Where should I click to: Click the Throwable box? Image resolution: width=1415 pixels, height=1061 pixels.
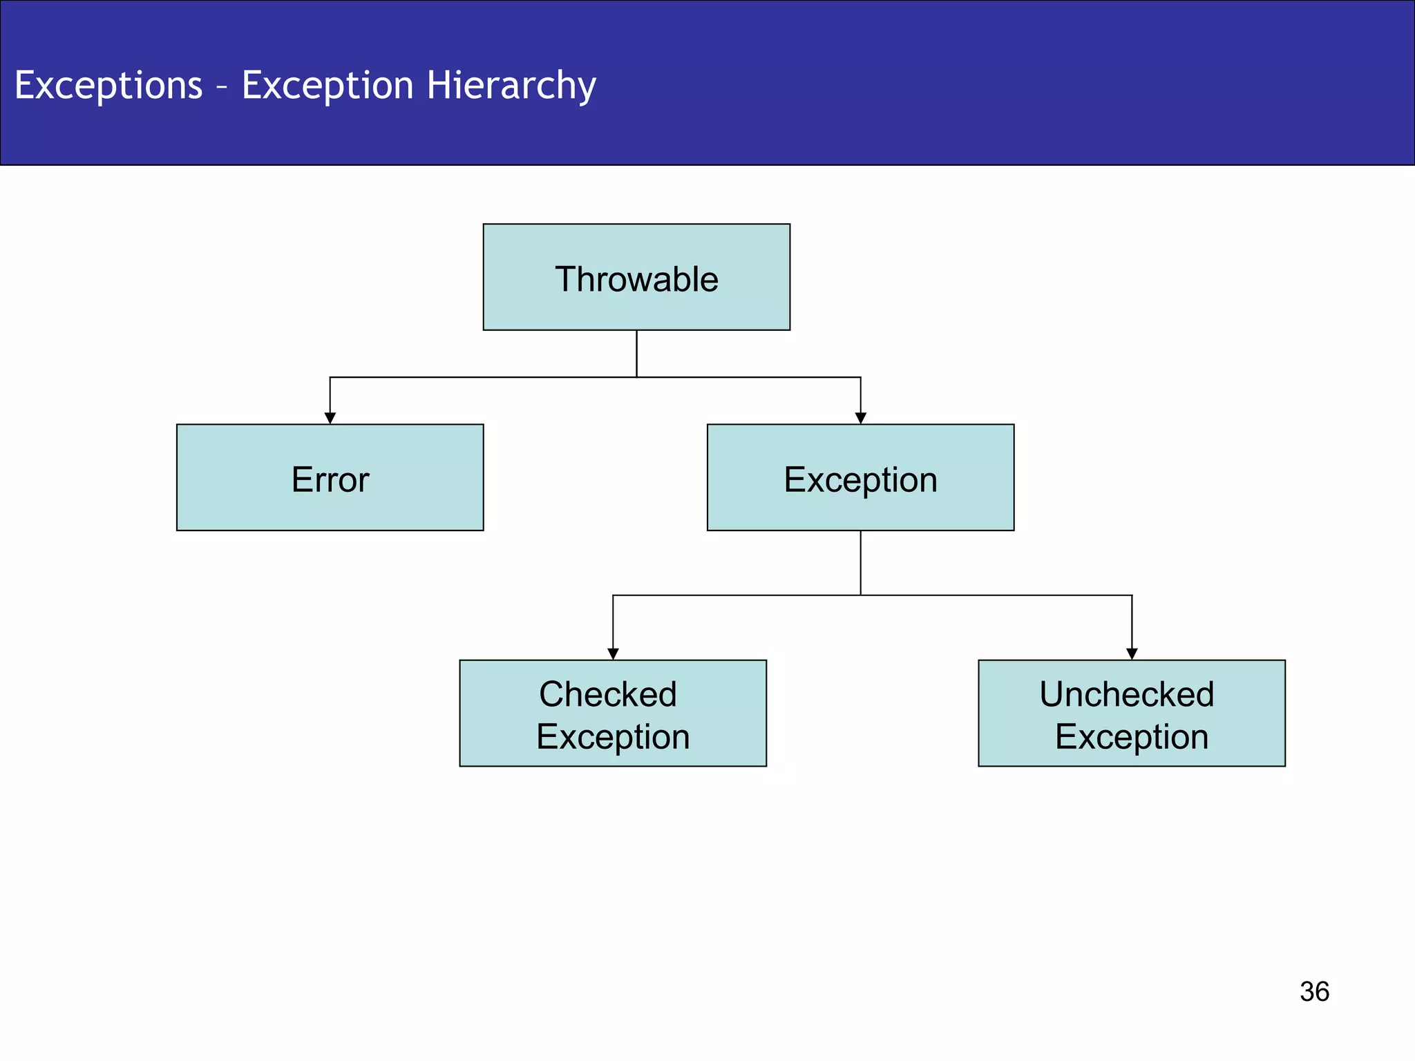coord(636,277)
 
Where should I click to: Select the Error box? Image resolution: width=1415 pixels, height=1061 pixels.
coord(330,478)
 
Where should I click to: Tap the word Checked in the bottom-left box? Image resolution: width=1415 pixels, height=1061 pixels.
coord(607,694)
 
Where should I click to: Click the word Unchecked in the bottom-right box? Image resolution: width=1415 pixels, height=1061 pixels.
coord(1126,694)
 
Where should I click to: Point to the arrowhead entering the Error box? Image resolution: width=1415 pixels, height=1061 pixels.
coord(330,418)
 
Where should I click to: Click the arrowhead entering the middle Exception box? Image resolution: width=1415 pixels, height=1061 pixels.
coord(860,418)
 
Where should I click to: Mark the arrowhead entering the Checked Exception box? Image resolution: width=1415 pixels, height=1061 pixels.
coord(613,653)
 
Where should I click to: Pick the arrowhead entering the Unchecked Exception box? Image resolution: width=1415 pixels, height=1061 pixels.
coord(1132,653)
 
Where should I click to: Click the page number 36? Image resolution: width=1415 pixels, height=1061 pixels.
coord(1314,992)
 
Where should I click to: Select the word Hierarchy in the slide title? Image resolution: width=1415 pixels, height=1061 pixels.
coord(511,86)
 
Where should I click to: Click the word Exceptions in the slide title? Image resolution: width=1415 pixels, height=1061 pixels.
coord(108,86)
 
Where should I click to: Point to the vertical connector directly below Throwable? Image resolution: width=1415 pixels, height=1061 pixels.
coord(636,354)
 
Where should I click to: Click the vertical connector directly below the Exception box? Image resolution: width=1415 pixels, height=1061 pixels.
coord(860,563)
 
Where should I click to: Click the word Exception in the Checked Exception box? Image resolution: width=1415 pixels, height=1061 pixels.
coord(613,737)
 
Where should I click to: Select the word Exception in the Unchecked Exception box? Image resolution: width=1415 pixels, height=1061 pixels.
coord(1132,737)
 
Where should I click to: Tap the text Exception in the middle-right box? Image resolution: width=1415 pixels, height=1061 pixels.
coord(860,479)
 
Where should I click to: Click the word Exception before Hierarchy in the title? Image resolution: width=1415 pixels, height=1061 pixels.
coord(327,86)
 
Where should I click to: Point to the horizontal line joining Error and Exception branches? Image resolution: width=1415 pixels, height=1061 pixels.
coord(484,377)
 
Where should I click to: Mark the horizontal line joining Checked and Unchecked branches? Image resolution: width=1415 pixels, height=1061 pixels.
coord(1002,595)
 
